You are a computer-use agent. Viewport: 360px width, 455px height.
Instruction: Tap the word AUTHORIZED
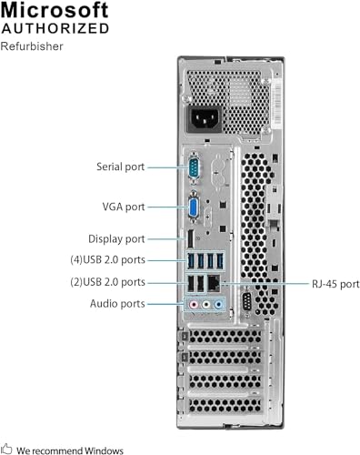coord(56,28)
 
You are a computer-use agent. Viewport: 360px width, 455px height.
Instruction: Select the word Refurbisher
coord(32,45)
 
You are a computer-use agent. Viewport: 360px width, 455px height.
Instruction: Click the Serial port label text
coord(120,167)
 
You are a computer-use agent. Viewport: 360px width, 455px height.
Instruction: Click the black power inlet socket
coord(205,119)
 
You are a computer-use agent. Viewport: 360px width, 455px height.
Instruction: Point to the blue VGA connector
coord(193,207)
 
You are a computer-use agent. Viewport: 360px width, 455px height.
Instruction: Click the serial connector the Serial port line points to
coord(192,168)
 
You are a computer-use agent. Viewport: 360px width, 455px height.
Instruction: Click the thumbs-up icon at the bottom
coord(7,449)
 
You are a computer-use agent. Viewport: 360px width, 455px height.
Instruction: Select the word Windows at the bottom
coord(103,449)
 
